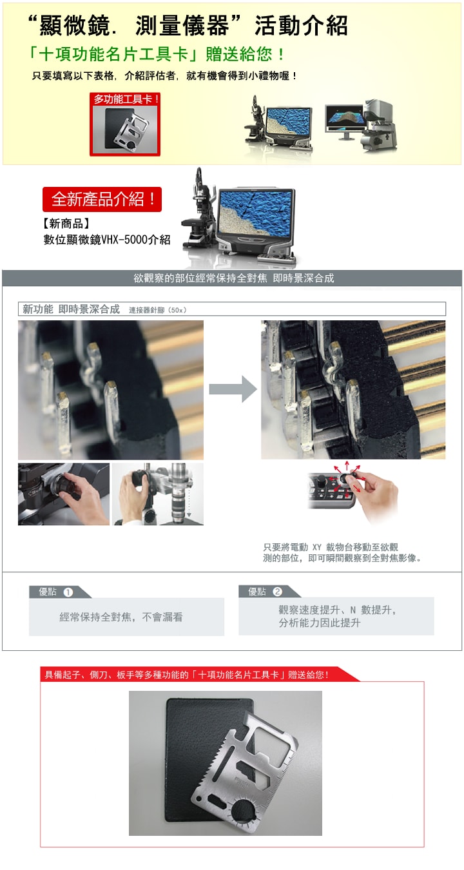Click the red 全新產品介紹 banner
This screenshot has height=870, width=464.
coord(102,200)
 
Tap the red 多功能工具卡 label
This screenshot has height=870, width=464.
coord(126,99)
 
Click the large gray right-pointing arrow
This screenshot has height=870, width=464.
coord(233,389)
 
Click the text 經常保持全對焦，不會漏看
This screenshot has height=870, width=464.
coord(121,617)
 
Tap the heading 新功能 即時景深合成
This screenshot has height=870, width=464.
coord(71,309)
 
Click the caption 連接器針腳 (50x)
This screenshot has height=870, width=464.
coord(158,311)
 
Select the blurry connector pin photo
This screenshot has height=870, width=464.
coord(111,390)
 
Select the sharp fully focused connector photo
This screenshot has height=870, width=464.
coord(353,390)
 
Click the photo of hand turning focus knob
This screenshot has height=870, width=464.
coord(64,494)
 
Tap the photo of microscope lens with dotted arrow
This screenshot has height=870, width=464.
coord(157,494)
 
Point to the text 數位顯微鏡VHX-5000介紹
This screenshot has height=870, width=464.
coord(106,240)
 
